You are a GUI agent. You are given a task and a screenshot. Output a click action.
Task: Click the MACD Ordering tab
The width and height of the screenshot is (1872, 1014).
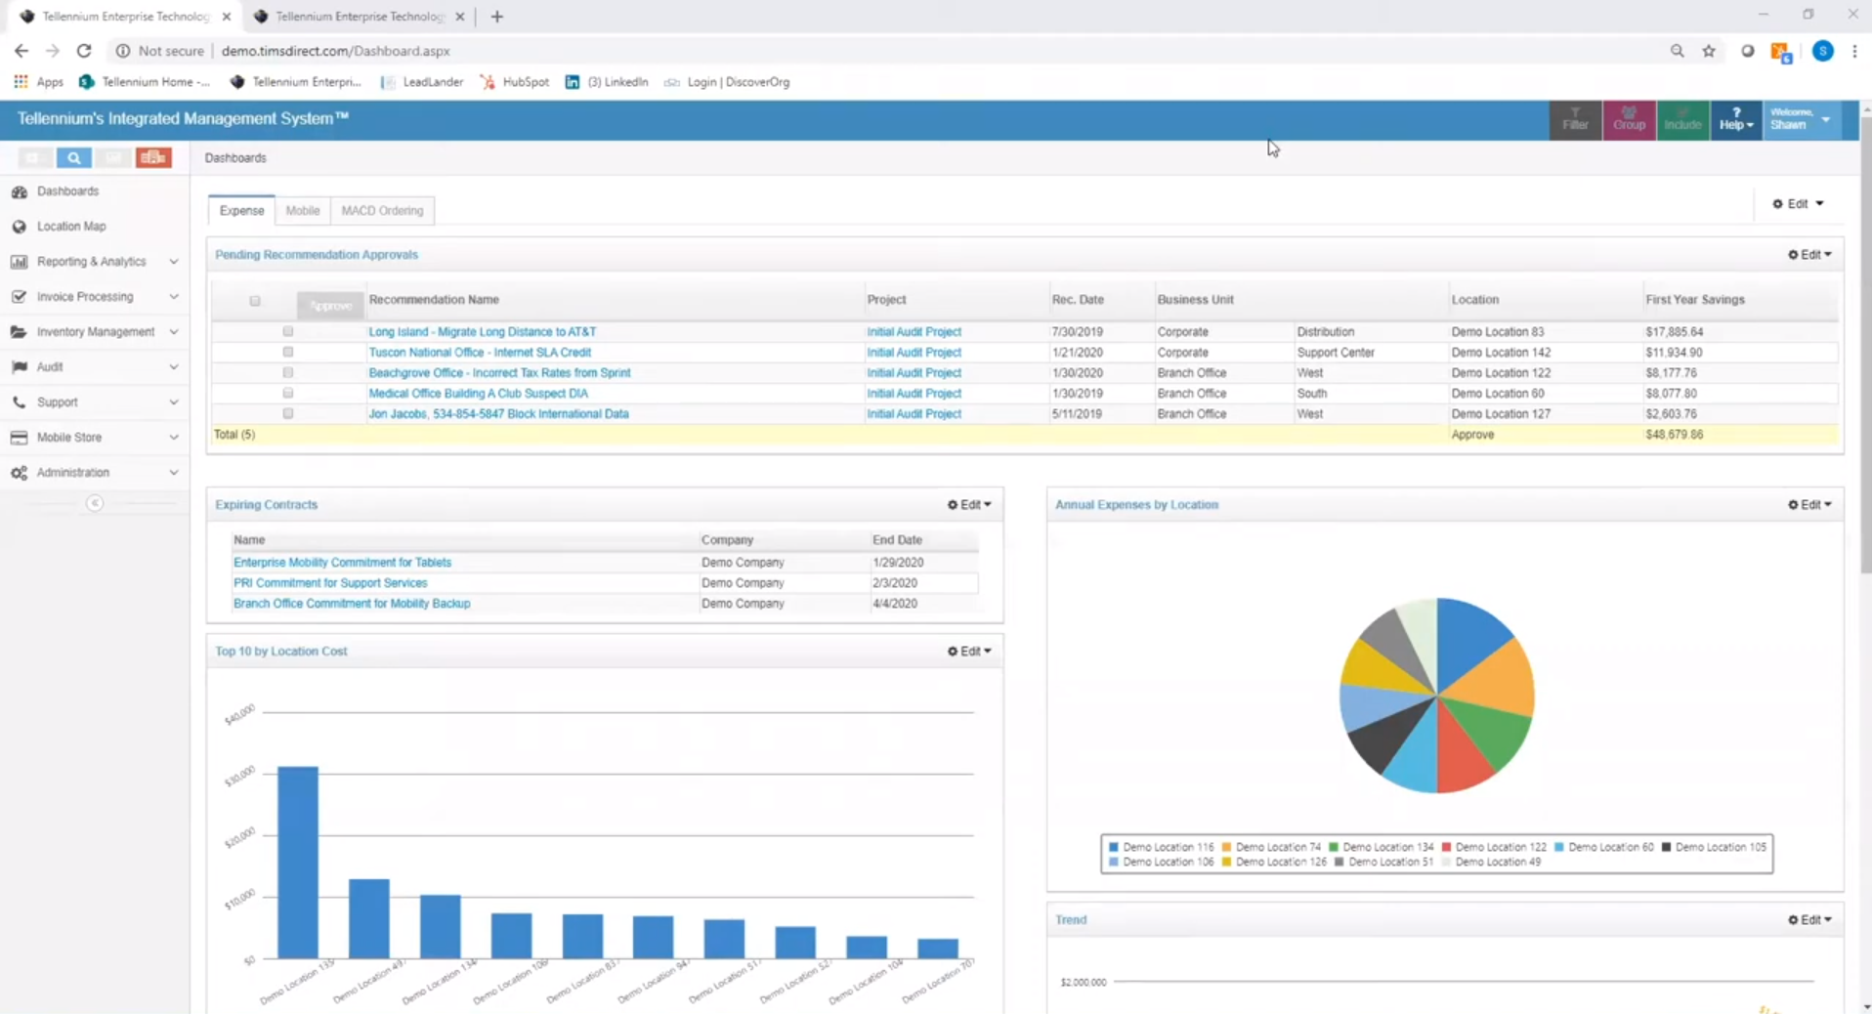[x=382, y=211]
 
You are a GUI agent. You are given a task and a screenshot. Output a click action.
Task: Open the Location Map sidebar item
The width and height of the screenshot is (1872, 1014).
[x=71, y=227]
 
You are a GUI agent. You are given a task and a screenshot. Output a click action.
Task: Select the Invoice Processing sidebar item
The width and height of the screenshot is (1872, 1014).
[x=85, y=297]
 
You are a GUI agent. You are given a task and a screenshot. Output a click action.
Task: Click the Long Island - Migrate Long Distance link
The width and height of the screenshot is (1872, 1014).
[x=482, y=332]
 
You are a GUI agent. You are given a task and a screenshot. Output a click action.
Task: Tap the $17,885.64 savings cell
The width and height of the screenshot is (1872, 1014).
[x=1674, y=332]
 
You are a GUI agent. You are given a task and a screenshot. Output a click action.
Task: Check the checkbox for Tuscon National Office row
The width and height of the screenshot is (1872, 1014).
[x=288, y=353]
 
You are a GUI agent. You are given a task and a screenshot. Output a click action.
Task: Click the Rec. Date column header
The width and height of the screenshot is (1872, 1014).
[x=1078, y=300]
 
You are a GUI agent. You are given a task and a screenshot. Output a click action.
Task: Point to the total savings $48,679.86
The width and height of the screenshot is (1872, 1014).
[x=1674, y=435]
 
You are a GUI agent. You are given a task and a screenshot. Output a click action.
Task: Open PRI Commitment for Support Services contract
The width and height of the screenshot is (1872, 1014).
[x=330, y=583]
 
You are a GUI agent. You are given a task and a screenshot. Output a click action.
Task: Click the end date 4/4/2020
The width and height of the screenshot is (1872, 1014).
[x=895, y=604]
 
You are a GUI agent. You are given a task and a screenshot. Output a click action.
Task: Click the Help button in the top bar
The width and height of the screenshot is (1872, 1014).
[x=1735, y=120]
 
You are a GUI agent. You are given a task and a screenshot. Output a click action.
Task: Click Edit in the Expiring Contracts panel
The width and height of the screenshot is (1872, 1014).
[x=969, y=505]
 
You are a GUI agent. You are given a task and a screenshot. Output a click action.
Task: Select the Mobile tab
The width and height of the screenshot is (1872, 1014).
[x=303, y=211]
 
